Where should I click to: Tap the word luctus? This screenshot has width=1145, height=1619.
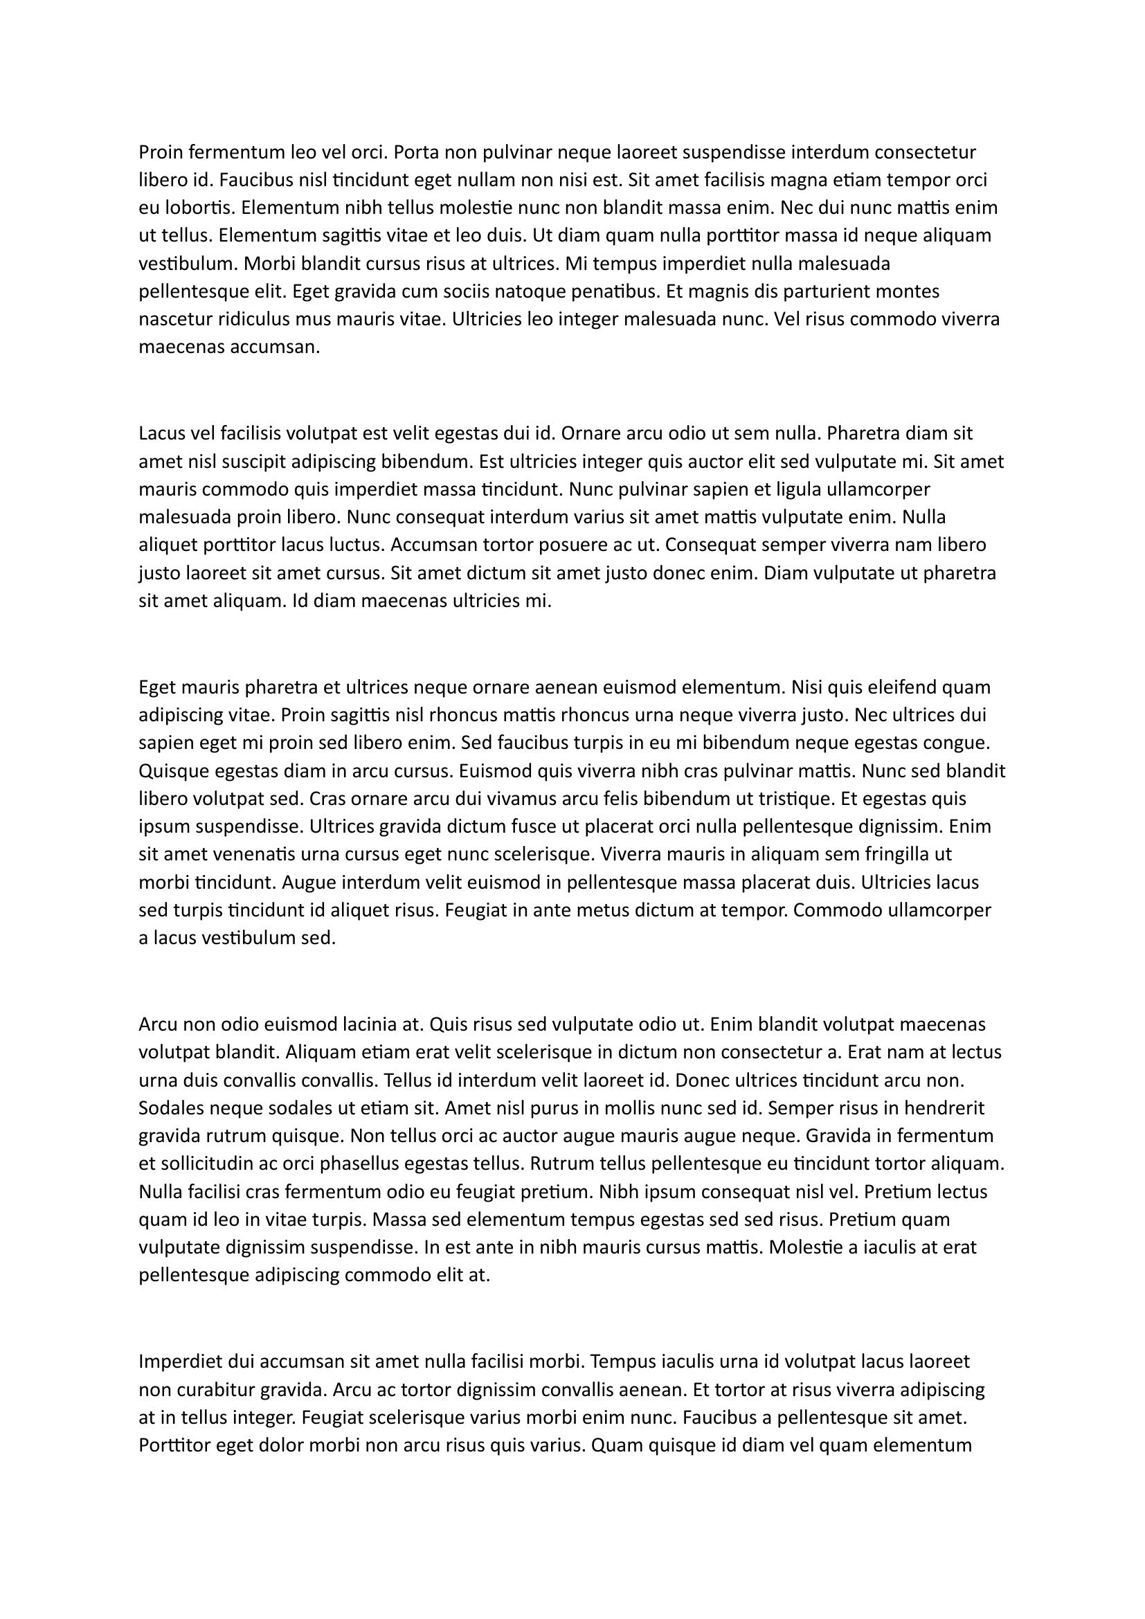[x=353, y=545]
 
